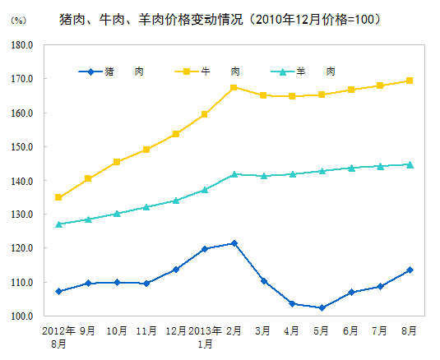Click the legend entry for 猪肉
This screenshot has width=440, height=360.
pos(115,72)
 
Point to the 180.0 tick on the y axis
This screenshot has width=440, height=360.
pos(22,45)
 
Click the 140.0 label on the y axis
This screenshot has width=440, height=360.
pos(22,181)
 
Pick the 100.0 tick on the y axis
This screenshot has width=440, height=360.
pos(22,316)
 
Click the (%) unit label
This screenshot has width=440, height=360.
pos(16,20)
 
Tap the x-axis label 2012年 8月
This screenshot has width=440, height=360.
pos(58,337)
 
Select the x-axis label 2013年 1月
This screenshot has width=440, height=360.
pos(205,337)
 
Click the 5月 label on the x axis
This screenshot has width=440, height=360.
pos(322,330)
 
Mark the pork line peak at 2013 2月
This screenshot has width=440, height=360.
pos(234,243)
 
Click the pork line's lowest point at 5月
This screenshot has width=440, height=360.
pos(322,307)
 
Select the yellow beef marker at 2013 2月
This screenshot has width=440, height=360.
pos(234,87)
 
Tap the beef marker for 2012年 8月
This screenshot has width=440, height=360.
pos(58,197)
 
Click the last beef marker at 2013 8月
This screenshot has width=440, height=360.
pos(410,81)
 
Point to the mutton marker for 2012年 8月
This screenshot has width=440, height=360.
pos(58,224)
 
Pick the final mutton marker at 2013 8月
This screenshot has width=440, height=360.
pos(410,164)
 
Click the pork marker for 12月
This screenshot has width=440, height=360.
pos(176,269)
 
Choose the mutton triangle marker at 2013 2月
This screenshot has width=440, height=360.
pos(234,174)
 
